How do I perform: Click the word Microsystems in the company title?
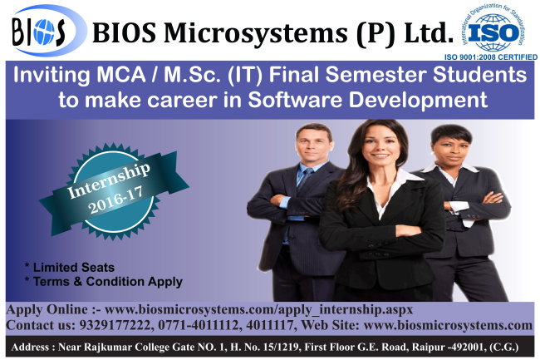(255, 33)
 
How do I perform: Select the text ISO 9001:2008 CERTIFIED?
(491, 57)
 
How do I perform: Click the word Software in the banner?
(295, 100)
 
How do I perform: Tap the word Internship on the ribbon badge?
(109, 180)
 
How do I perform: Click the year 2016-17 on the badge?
(115, 200)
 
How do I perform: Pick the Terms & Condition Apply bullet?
(104, 282)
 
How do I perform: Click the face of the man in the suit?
(313, 145)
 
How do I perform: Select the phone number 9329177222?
(115, 325)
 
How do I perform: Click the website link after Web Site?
(448, 325)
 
